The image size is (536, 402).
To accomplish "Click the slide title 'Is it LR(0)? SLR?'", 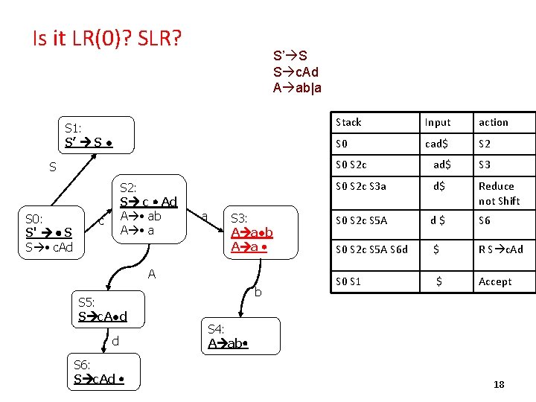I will tap(107, 37).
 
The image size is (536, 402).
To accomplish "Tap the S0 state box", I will tap(53, 232).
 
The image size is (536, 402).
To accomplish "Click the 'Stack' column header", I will tap(348, 122).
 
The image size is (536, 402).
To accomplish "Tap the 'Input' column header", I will tap(438, 122).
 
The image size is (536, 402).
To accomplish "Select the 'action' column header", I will tap(494, 122).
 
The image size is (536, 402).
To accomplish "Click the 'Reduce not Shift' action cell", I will tap(500, 194).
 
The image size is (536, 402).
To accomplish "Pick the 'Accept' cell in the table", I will tap(495, 281).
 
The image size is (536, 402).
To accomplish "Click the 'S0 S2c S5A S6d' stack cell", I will tap(372, 249).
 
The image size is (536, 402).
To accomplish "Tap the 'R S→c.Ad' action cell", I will tap(501, 249).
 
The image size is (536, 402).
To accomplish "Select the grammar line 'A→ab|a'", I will tap(298, 86).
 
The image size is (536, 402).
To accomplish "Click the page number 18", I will tap(499, 384).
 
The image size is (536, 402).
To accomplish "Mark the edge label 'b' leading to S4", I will tap(258, 293).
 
